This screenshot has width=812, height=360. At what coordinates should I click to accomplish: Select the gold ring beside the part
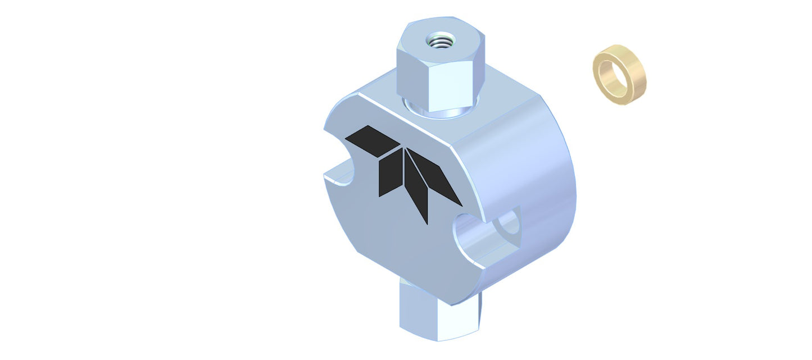pos(619,75)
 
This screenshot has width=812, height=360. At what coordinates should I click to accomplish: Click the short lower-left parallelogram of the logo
pos(389,175)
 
